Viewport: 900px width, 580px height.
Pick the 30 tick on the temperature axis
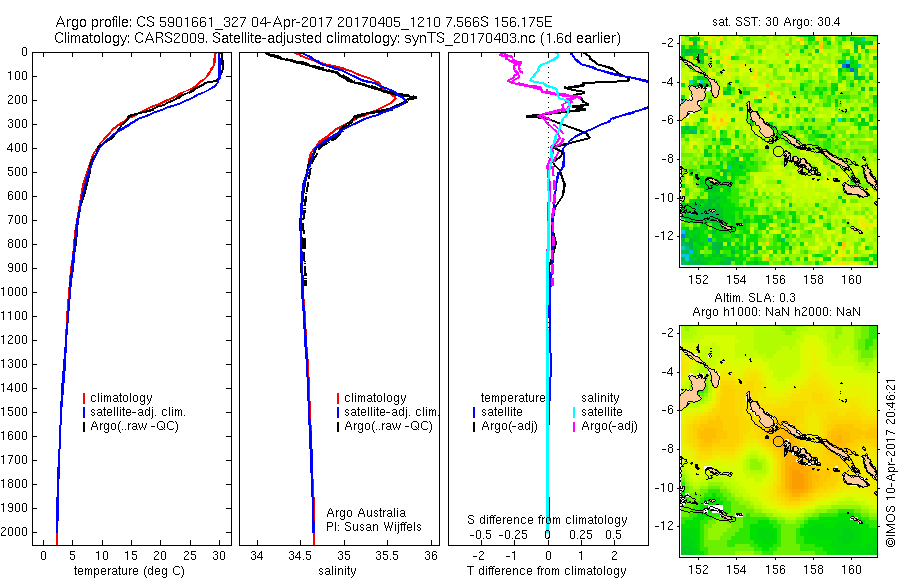[x=219, y=555]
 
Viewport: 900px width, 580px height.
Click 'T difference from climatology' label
[x=548, y=571]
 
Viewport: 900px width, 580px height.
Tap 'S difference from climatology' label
[x=548, y=520]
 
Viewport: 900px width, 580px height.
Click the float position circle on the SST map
[x=778, y=151]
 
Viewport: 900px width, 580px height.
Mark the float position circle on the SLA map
[x=778, y=441]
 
